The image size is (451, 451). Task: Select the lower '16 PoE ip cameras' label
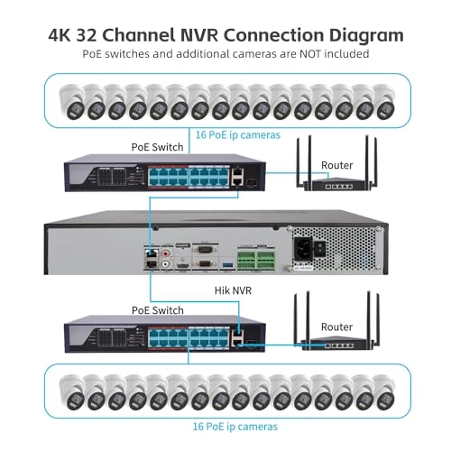click(x=235, y=425)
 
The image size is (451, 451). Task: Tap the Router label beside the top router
click(x=336, y=165)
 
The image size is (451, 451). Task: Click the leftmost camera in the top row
click(x=72, y=102)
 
